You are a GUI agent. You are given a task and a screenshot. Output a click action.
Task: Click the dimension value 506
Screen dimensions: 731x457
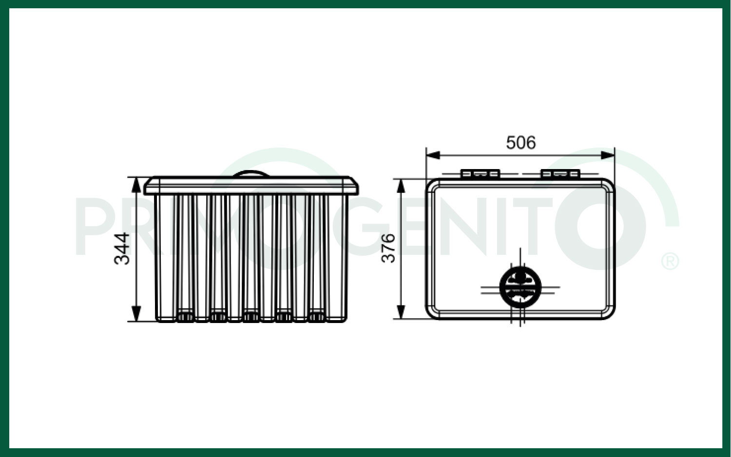(521, 143)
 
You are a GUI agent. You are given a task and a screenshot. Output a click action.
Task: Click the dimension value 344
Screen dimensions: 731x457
(122, 248)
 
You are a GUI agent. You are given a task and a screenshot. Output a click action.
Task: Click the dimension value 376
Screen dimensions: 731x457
(388, 248)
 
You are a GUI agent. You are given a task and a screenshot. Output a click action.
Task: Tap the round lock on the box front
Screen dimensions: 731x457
(520, 287)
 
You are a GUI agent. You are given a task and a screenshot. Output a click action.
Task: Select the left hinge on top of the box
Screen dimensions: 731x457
(480, 174)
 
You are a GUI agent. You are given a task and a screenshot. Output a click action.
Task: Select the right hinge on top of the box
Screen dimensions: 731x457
(560, 174)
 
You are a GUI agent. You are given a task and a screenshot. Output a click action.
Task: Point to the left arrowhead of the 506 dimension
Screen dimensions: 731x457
(433, 155)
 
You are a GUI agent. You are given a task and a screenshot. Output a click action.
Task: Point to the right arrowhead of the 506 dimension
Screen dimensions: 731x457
(608, 155)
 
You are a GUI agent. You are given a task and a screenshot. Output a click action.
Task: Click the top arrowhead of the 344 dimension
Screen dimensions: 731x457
(136, 184)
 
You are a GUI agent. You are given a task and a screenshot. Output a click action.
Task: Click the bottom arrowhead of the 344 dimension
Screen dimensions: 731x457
(136, 314)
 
